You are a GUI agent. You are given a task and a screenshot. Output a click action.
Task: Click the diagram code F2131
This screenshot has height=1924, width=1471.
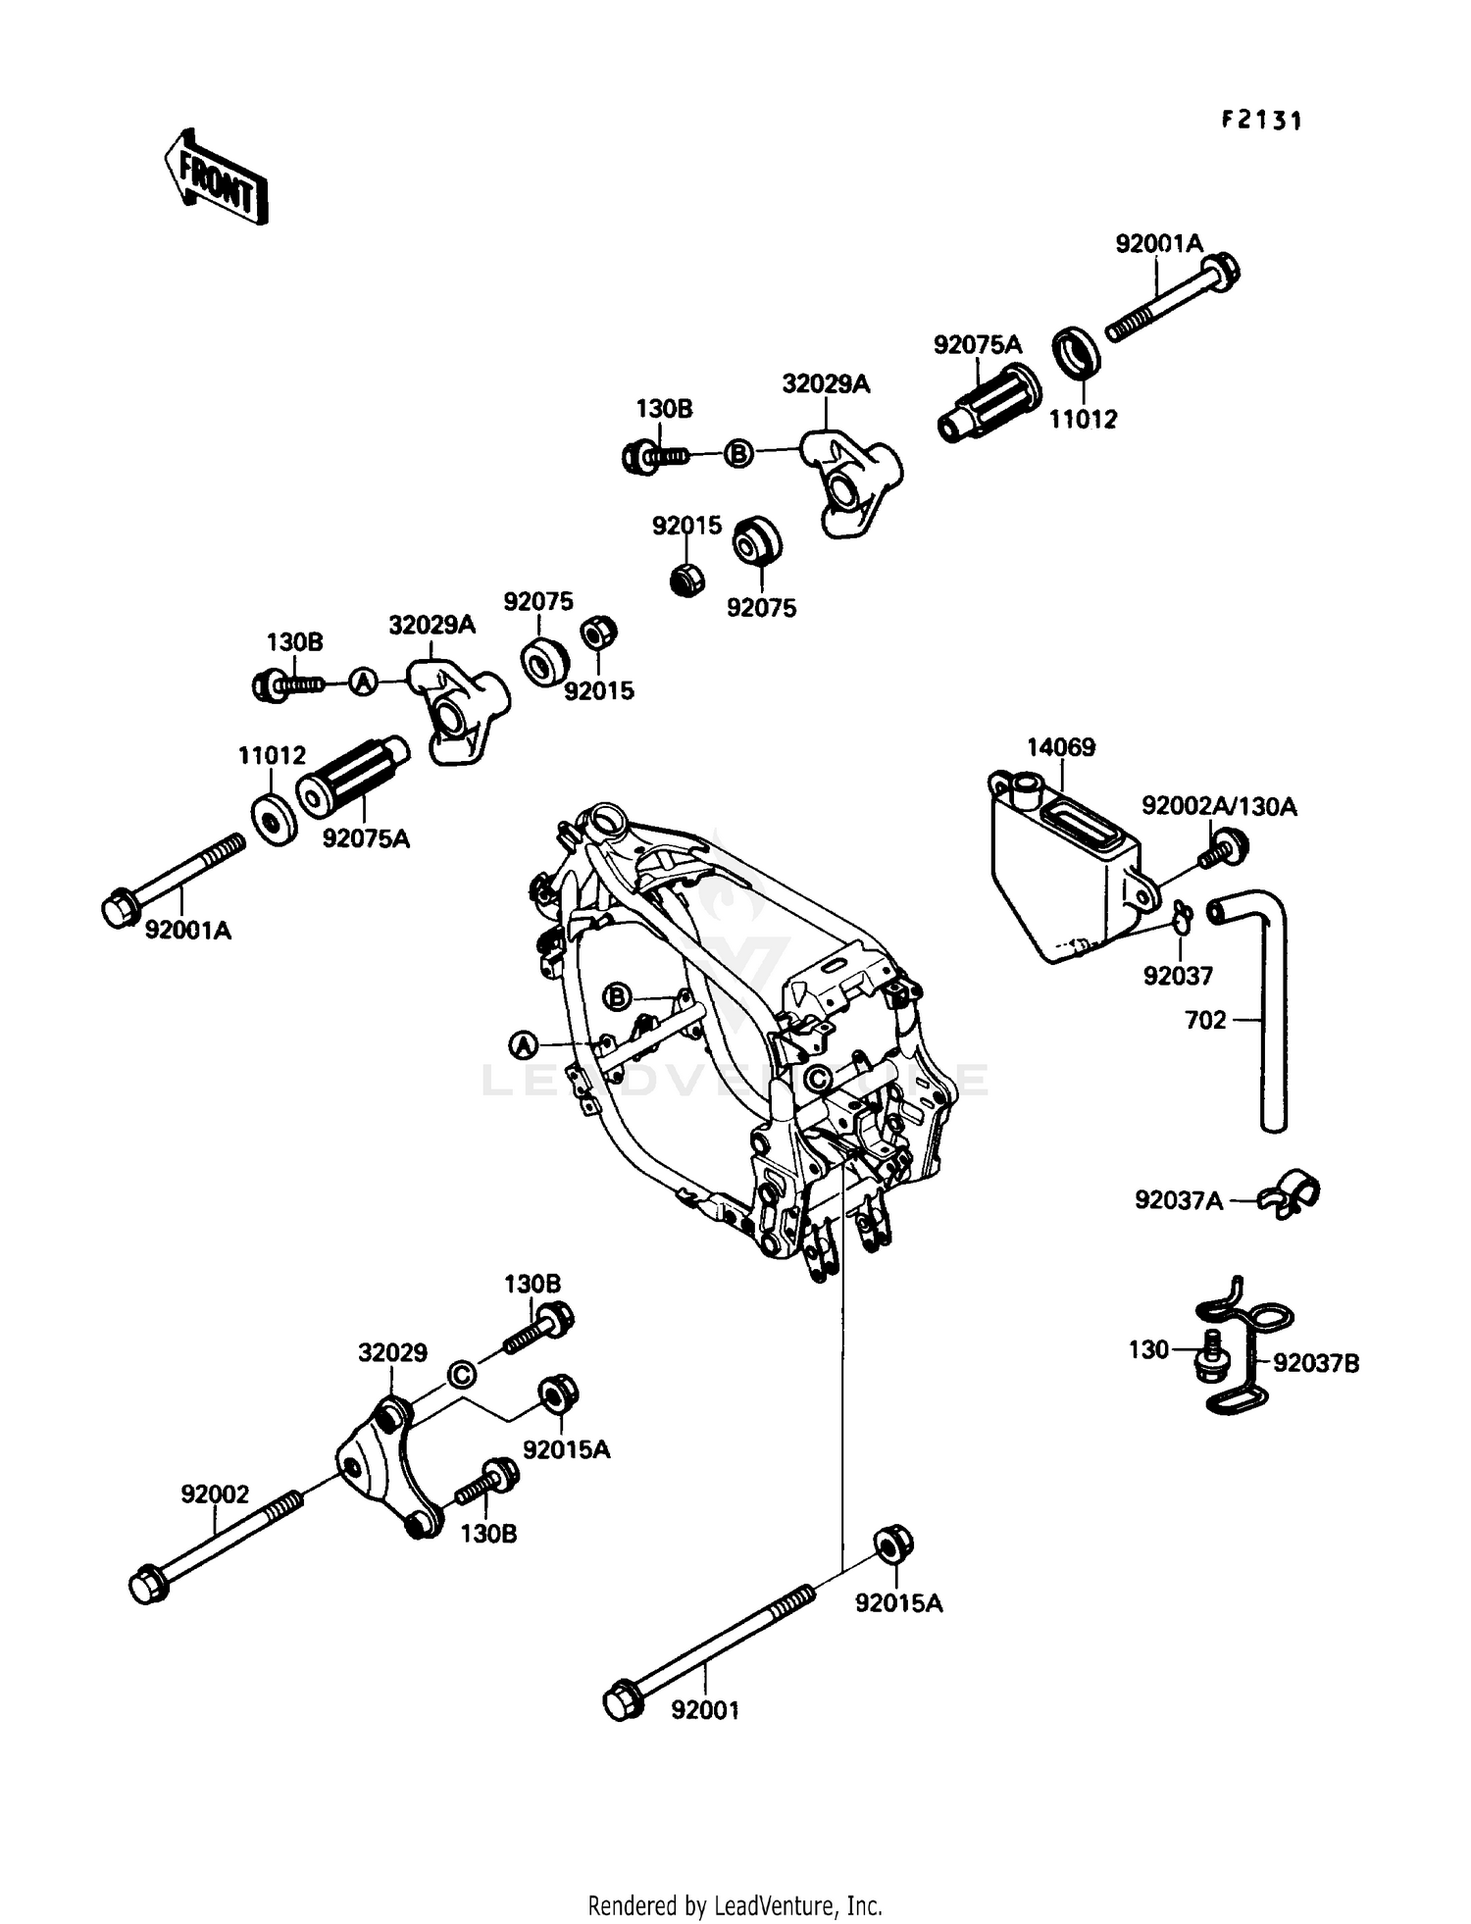(x=1261, y=121)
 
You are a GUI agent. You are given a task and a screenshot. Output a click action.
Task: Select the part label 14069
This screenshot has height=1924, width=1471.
(x=1060, y=747)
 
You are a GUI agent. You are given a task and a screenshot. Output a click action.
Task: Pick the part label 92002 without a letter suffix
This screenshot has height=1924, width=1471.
(x=215, y=1494)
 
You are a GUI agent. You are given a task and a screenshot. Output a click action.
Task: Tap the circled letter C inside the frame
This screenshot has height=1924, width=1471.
(x=816, y=1079)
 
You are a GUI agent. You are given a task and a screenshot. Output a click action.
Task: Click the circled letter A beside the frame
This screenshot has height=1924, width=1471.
(x=525, y=1045)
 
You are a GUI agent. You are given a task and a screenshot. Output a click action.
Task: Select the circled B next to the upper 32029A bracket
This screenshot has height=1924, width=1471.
(x=738, y=454)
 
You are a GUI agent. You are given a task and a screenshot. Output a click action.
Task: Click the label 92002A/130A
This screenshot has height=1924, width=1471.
(x=1218, y=806)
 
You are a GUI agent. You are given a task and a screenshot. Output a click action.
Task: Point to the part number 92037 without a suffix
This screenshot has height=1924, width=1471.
(x=1177, y=976)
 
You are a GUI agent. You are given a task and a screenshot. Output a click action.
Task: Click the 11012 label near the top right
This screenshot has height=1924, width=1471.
(x=1083, y=420)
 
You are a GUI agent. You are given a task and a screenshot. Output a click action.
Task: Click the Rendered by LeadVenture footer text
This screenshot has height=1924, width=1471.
(x=735, y=1906)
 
